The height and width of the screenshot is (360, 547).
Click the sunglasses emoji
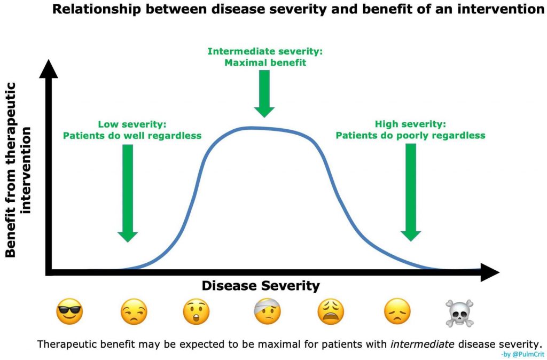(69, 311)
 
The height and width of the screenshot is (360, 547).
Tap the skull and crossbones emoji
(460, 313)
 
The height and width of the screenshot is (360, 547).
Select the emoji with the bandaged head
(268, 311)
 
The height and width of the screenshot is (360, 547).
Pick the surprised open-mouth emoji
(196, 311)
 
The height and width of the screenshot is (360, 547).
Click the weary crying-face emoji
(331, 311)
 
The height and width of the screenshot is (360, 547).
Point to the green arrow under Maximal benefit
(264, 93)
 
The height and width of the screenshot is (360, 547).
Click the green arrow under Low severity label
(128, 193)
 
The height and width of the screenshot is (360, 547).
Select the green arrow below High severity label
(411, 193)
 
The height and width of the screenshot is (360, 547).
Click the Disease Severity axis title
(261, 286)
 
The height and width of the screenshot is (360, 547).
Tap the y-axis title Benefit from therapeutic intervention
(18, 170)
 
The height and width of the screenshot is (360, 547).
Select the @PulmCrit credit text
(522, 355)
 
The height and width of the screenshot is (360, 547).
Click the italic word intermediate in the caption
(422, 345)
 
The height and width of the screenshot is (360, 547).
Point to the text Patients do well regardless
(132, 135)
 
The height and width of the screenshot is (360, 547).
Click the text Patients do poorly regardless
(411, 135)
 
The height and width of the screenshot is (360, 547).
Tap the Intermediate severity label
(265, 51)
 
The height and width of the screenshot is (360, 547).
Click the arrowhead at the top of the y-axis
(49, 68)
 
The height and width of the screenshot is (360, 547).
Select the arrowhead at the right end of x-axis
(490, 272)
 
